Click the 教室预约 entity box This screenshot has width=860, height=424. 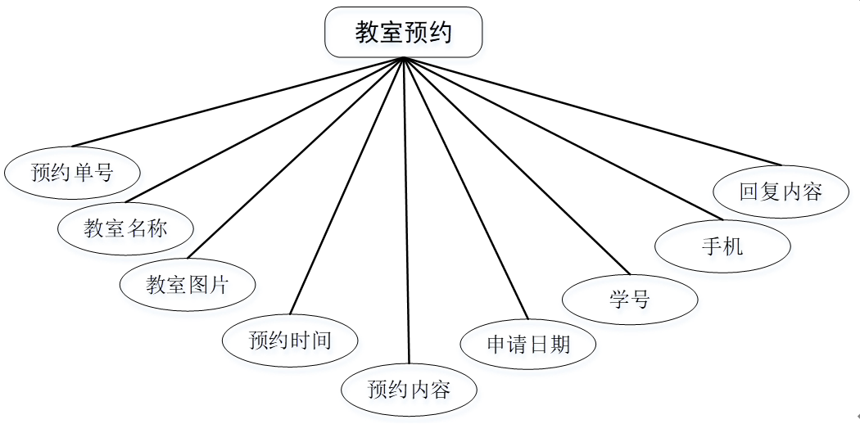click(403, 32)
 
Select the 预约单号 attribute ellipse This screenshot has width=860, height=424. click(71, 172)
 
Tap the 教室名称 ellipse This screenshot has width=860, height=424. click(125, 227)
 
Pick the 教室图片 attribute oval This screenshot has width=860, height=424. click(188, 284)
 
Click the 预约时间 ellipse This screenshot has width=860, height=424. click(290, 339)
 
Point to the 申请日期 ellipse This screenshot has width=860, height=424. click(527, 343)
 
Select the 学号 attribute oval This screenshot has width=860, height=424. click(630, 299)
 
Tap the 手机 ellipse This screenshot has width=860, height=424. click(722, 245)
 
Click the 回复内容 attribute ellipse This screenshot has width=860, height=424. click(780, 192)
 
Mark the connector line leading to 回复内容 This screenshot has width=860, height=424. click(592, 111)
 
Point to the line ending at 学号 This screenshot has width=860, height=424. click(517, 166)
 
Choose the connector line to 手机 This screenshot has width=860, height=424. click(562, 139)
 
